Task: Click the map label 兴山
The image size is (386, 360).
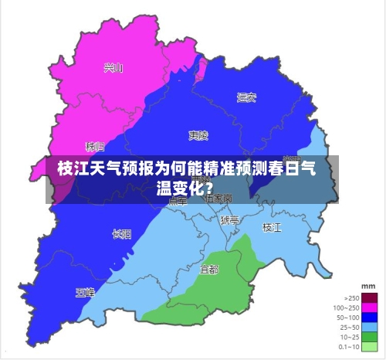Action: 113,67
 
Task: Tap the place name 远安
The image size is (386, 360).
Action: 246,97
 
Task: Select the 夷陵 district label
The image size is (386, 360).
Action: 198,135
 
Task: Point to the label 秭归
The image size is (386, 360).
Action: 95,145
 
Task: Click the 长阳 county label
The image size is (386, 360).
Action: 121,233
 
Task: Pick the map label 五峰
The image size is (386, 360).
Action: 85,292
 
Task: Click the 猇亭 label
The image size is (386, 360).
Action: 229,220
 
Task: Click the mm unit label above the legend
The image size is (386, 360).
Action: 368,286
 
